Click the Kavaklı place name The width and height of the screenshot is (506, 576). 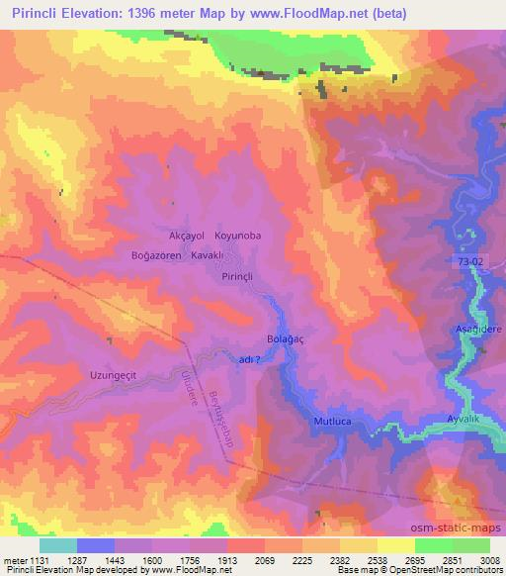tap(210, 255)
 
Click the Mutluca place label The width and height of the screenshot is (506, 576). tap(333, 421)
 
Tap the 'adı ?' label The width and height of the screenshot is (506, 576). tap(251, 361)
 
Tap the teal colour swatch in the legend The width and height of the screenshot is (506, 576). tap(58, 545)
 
